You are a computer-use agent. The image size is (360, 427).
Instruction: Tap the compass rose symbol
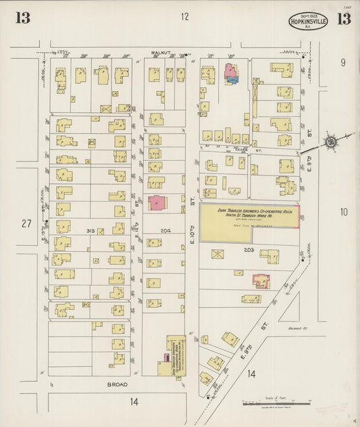(331, 142)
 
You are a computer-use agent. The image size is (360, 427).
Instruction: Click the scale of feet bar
(276, 405)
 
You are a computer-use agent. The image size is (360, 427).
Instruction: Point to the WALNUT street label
(163, 52)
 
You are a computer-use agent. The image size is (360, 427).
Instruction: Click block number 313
(90, 230)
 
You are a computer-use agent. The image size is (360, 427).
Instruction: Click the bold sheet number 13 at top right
(343, 18)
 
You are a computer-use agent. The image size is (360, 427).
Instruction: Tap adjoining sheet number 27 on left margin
(26, 224)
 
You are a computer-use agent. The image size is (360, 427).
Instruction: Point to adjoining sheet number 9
(343, 63)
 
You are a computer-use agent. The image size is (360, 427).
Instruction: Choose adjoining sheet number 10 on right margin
(343, 212)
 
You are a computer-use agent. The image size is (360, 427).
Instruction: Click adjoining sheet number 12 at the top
(184, 17)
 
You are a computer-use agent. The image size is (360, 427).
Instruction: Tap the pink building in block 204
(157, 203)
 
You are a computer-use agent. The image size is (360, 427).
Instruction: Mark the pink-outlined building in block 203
(261, 280)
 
